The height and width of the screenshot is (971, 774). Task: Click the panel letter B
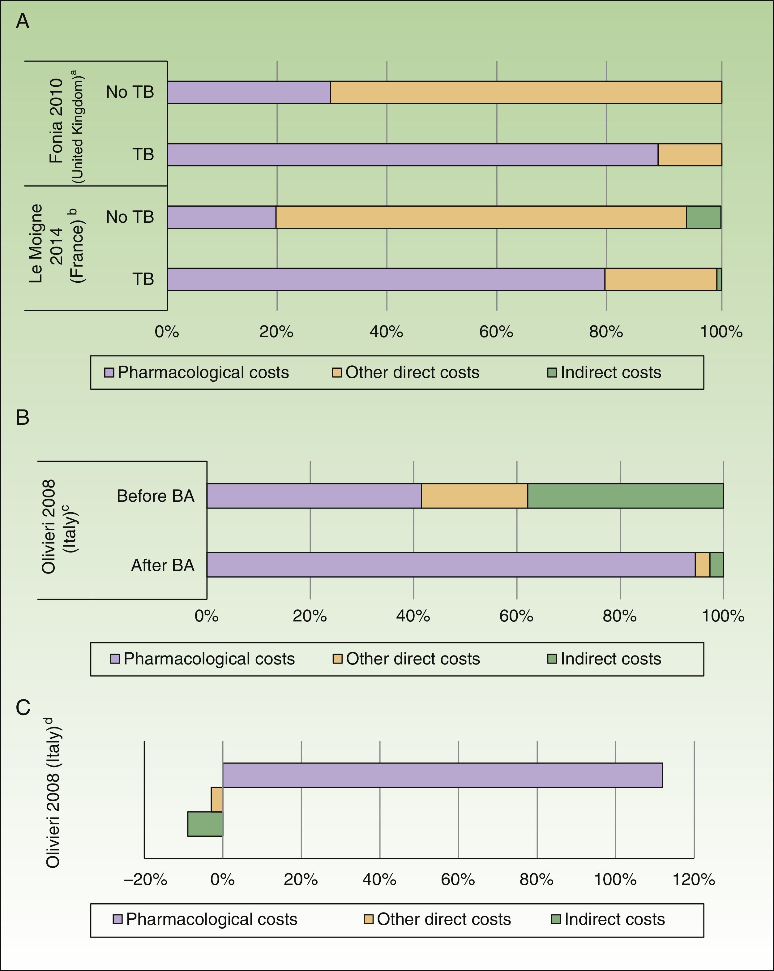point(23,418)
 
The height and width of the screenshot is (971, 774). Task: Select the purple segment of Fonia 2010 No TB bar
point(249,92)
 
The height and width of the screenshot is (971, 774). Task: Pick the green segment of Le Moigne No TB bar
point(703,217)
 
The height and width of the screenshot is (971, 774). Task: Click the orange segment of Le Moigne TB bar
point(661,279)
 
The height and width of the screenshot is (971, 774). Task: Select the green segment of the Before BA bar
point(625,496)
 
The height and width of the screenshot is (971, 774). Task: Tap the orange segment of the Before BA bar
point(475,496)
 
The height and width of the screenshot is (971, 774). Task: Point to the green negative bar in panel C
point(205,824)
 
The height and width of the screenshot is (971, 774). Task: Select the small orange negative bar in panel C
point(217,799)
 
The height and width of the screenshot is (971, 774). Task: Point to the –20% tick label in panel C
point(145,879)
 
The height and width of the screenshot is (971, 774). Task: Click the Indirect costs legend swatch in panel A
point(552,372)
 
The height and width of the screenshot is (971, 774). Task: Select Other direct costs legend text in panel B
point(413,659)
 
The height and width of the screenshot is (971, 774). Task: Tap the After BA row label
point(163,565)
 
